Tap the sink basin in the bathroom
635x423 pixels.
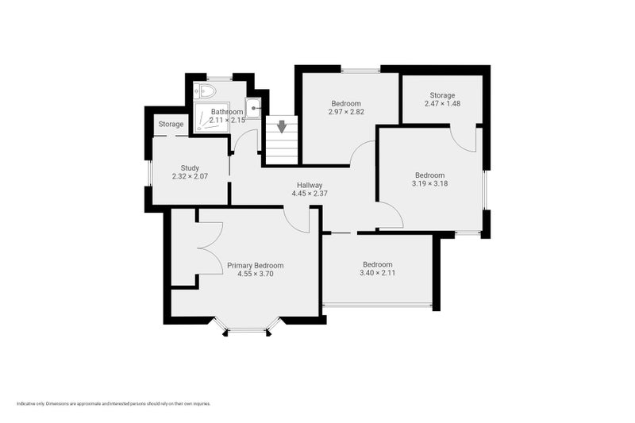coord(253,107)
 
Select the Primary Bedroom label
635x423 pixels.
coord(255,265)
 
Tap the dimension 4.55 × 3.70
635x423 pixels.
coord(255,274)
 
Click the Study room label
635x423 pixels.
coord(190,167)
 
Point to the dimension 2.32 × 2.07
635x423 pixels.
coord(190,176)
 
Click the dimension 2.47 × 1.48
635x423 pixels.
coord(442,104)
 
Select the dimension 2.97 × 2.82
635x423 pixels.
coord(346,112)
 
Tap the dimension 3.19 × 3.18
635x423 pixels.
coord(429,183)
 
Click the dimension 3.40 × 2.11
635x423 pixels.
coord(377,273)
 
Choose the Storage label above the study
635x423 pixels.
coord(171,125)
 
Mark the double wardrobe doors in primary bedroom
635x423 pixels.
coord(211,248)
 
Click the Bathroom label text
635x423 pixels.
coord(227,112)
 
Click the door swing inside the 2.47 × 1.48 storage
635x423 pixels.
coord(464,138)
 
